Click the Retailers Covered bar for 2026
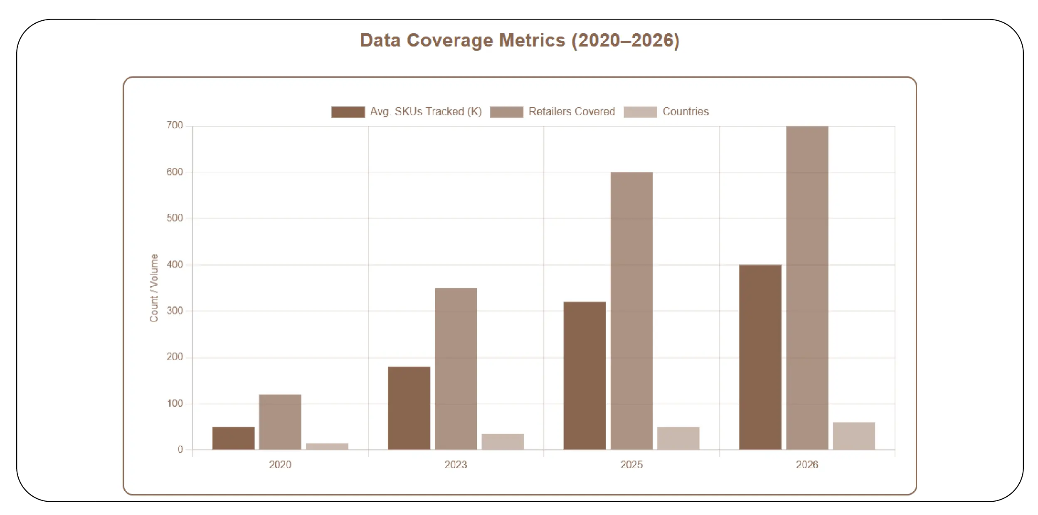pyautogui.click(x=807, y=287)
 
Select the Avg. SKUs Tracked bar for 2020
pyautogui.click(x=233, y=438)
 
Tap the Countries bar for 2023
pyautogui.click(x=503, y=441)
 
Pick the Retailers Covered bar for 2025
pyautogui.click(x=631, y=311)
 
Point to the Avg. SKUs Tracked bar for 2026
pyautogui.click(x=760, y=357)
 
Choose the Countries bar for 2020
pyautogui.click(x=327, y=446)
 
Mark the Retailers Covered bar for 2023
pyautogui.click(x=456, y=368)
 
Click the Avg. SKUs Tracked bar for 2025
pyautogui.click(x=584, y=375)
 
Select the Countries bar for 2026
pyautogui.click(x=854, y=436)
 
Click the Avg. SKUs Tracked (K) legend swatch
pyautogui.click(x=348, y=112)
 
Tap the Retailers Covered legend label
pyautogui.click(x=572, y=112)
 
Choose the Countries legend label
pyautogui.click(x=685, y=112)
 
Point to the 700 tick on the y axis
pyautogui.click(x=175, y=125)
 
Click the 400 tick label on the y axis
pyautogui.click(x=175, y=265)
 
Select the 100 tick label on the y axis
pyautogui.click(x=175, y=403)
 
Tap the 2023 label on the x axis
pyautogui.click(x=456, y=465)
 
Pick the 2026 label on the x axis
pyautogui.click(x=807, y=465)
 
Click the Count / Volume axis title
pyautogui.click(x=154, y=288)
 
